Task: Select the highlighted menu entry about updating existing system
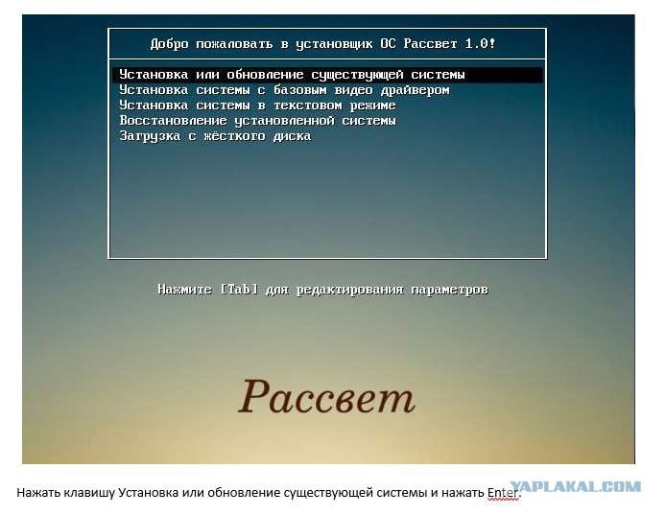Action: point(292,75)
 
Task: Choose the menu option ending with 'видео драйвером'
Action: point(284,90)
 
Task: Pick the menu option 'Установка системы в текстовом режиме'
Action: point(257,105)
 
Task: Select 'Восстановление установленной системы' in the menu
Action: point(257,121)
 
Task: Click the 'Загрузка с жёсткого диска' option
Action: point(215,136)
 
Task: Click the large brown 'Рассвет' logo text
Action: point(326,397)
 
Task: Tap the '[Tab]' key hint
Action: point(239,289)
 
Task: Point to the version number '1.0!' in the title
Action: point(480,43)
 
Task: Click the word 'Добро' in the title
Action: point(169,44)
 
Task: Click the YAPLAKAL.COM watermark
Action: point(576,486)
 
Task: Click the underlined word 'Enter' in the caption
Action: point(503,493)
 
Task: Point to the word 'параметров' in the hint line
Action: point(449,290)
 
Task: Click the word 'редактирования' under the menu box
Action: point(349,290)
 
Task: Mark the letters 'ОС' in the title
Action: point(388,43)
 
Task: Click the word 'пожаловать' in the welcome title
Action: point(234,44)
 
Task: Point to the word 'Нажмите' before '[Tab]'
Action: point(184,289)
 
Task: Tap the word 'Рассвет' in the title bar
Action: point(430,43)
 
